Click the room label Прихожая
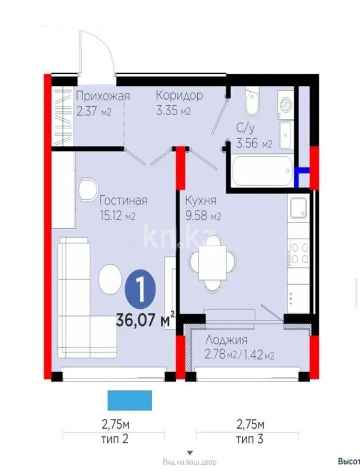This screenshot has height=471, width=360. pyautogui.click(x=103, y=96)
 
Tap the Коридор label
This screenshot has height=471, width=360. pyautogui.click(x=179, y=96)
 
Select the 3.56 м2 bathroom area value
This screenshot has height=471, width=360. pyautogui.click(x=254, y=144)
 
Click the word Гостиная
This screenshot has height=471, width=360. pyautogui.click(x=123, y=200)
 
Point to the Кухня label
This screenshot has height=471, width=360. pyautogui.click(x=199, y=200)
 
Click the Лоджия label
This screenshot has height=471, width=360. pyautogui.click(x=226, y=340)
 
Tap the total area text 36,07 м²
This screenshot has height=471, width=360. pyautogui.click(x=145, y=319)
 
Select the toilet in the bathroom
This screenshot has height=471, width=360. pyautogui.click(x=251, y=100)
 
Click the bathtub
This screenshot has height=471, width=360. pyautogui.click(x=262, y=171)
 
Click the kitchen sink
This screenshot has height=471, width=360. pyautogui.click(x=299, y=207)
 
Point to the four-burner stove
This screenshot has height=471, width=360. pyautogui.click(x=299, y=253)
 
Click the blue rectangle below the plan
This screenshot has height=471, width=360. pyautogui.click(x=129, y=400)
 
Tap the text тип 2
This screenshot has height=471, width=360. pyautogui.click(x=114, y=439)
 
